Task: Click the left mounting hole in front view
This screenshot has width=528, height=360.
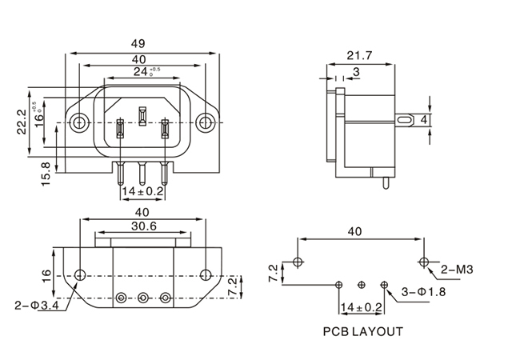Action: point(79,123)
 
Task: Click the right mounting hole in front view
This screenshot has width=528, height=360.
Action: point(206,123)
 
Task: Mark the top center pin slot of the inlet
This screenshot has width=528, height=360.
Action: point(142,114)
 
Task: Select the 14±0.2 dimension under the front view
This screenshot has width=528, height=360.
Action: point(142,192)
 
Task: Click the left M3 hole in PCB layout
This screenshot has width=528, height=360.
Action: point(298,262)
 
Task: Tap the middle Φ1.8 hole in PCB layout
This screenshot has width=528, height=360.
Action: point(362,284)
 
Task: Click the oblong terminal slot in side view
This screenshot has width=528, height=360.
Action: point(406,120)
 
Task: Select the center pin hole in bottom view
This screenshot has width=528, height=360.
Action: point(142,295)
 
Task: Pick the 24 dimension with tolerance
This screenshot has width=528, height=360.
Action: point(144,72)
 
